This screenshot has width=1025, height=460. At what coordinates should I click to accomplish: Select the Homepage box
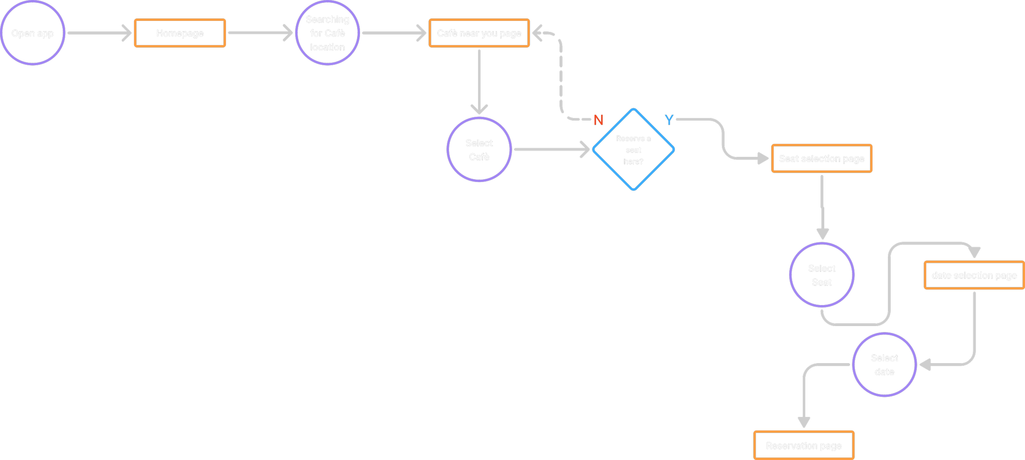(180, 33)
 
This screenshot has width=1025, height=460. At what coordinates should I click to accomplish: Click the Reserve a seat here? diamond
(633, 150)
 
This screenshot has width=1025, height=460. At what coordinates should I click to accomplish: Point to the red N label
(598, 120)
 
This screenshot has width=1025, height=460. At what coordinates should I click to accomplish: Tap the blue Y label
(669, 120)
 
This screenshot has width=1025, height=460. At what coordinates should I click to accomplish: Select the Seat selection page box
(822, 159)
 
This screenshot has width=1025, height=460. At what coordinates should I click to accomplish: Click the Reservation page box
(804, 446)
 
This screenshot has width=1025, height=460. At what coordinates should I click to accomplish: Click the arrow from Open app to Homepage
(98, 33)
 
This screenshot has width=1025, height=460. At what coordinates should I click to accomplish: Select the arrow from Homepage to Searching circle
(259, 33)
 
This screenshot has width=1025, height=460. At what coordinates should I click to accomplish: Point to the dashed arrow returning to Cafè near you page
(560, 74)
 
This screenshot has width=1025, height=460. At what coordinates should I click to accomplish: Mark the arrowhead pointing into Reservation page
(804, 422)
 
